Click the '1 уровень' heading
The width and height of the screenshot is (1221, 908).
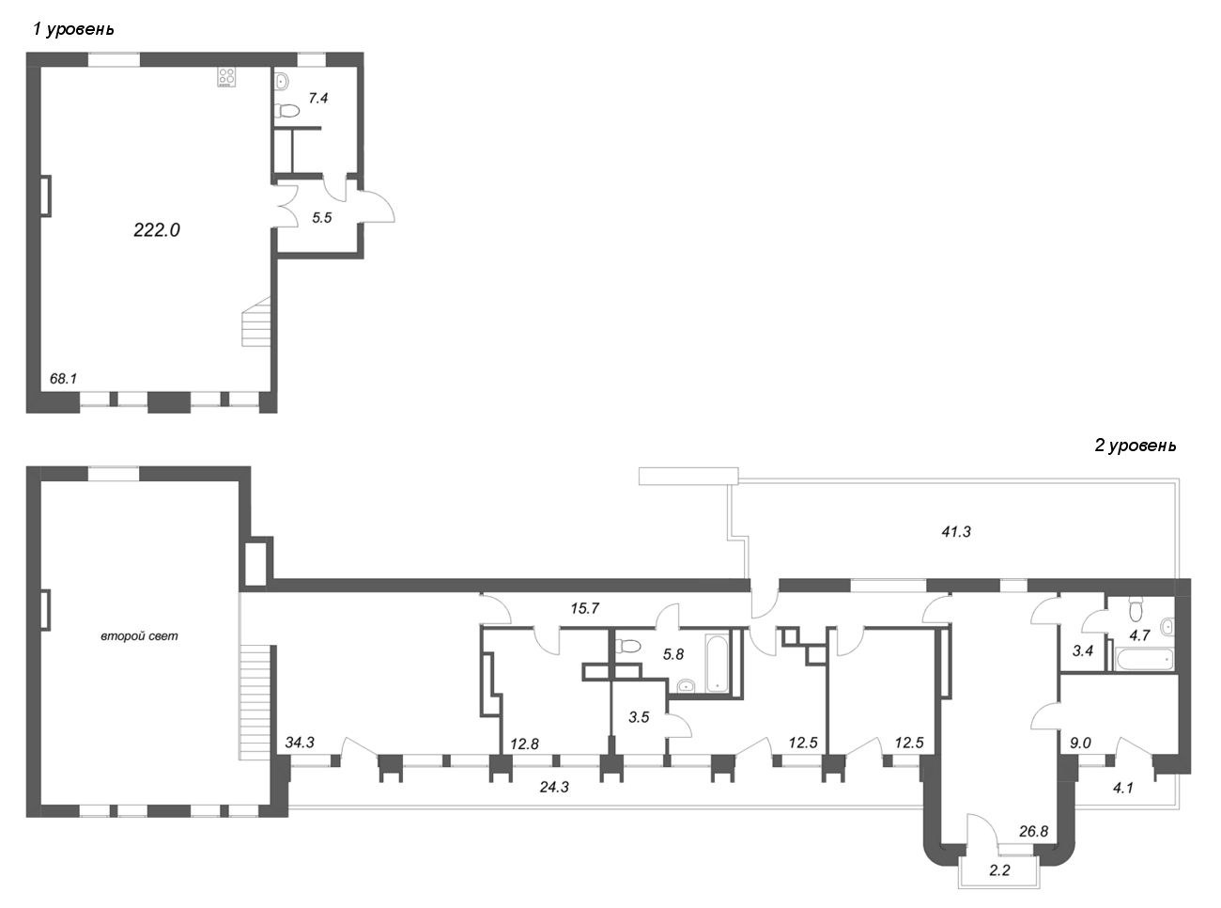click(73, 29)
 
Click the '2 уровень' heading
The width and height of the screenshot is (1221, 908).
click(1135, 446)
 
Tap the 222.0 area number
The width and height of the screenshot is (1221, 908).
click(156, 230)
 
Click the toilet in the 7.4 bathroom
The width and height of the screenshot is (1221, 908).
click(286, 112)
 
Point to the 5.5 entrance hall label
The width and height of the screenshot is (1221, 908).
click(322, 217)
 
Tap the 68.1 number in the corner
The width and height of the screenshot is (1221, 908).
click(63, 379)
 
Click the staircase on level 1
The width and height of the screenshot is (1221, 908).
click(255, 321)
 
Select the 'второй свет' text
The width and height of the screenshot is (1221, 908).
click(139, 636)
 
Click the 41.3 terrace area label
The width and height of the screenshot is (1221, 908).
click(955, 532)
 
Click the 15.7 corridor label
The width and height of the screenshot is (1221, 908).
click(584, 609)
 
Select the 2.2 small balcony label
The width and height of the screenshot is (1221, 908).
click(999, 870)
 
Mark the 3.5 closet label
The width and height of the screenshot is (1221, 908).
click(639, 717)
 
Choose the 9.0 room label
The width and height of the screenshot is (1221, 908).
click(1080, 743)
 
